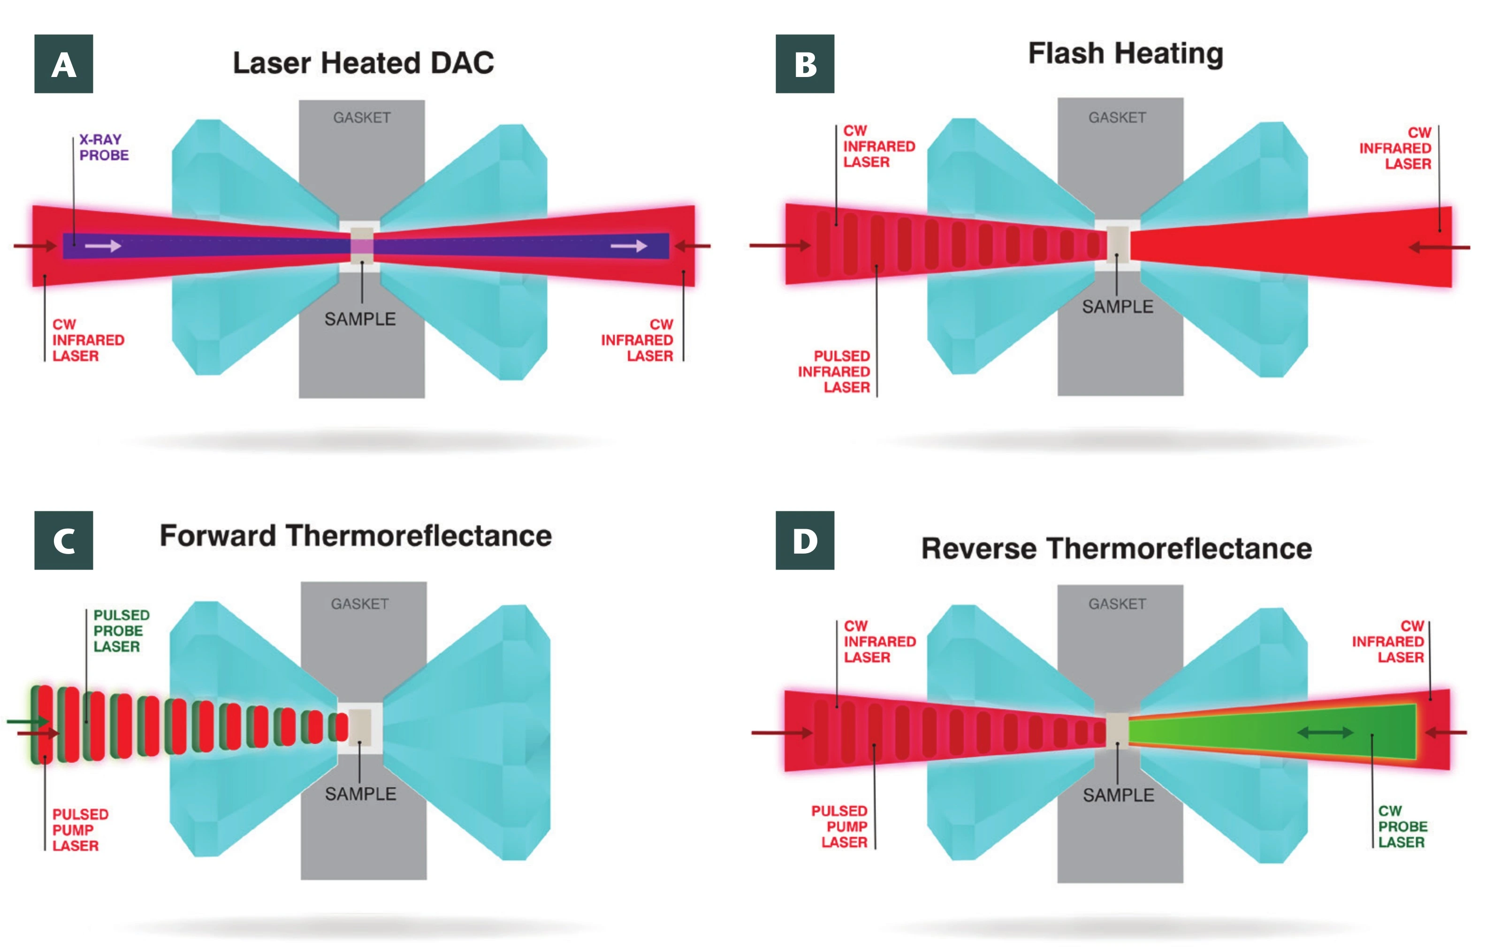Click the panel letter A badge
[x=63, y=64]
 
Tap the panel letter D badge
[x=804, y=540]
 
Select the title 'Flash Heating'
[x=1125, y=54]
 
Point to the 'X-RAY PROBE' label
[x=104, y=147]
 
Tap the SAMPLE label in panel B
[x=1117, y=307]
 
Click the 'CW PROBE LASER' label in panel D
[x=1402, y=826]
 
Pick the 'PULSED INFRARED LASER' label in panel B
[x=835, y=371]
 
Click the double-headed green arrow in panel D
[x=1325, y=732]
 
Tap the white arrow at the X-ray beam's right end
[x=628, y=247]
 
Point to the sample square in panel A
[x=362, y=247]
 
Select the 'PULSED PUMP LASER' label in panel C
[x=80, y=830]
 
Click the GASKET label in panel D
[x=1117, y=604]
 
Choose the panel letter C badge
[x=63, y=540]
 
